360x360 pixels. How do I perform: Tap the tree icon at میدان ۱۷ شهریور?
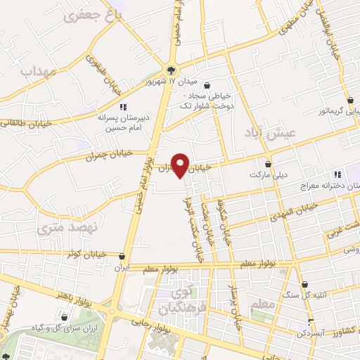pos(172,69)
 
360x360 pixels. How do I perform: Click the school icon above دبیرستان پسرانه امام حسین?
pos(122,107)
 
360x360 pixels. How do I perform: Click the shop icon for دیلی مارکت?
pos(269,163)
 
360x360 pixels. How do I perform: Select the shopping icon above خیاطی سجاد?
pos(206,85)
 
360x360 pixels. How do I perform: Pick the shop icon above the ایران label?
pos(123,257)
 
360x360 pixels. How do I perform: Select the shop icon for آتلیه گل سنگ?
pos(305,285)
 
